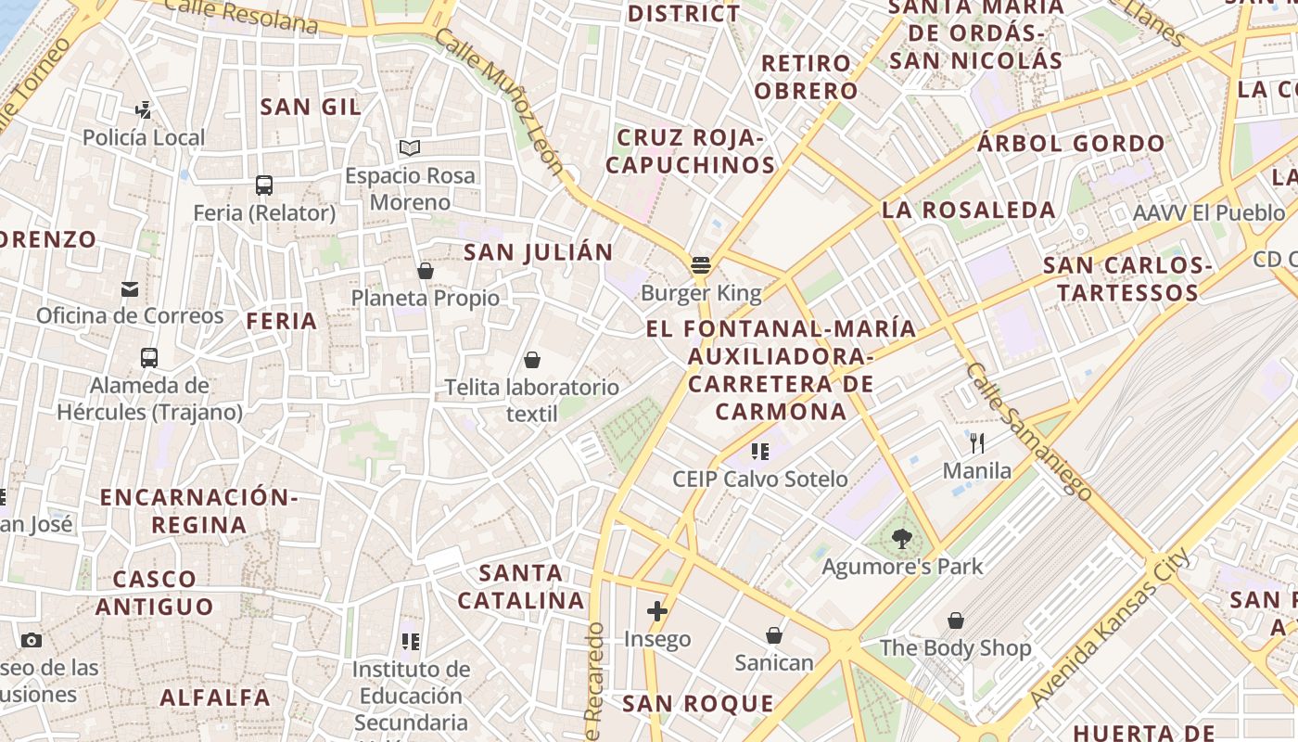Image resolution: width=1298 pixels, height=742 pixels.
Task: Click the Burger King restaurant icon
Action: (x=701, y=266)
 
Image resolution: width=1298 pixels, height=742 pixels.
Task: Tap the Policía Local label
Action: (x=144, y=138)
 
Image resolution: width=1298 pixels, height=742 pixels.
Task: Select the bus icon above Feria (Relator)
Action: (x=264, y=185)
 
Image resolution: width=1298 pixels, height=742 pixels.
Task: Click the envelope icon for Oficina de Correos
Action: (x=130, y=289)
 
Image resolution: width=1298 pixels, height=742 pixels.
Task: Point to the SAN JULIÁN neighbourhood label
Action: (x=538, y=252)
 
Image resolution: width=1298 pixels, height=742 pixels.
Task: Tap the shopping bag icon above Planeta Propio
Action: (x=426, y=271)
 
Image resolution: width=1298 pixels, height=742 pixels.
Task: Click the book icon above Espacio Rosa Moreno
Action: (x=410, y=148)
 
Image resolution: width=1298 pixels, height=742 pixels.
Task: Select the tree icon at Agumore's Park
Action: (x=901, y=538)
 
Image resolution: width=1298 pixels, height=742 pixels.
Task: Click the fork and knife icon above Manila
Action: (x=976, y=443)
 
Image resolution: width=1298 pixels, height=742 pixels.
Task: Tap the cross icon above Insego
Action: (x=657, y=611)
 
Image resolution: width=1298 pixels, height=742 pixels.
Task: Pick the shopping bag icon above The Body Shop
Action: (x=956, y=620)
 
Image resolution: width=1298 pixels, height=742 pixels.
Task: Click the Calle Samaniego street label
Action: (x=1028, y=431)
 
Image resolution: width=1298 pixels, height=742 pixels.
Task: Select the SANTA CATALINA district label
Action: (x=521, y=586)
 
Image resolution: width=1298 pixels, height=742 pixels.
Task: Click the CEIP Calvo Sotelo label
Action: (x=759, y=480)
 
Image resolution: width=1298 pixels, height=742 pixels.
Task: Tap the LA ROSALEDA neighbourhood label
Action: (x=968, y=211)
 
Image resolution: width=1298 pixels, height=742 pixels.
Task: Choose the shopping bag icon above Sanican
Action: (x=774, y=635)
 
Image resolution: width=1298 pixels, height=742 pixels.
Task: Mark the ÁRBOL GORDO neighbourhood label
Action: (x=1071, y=144)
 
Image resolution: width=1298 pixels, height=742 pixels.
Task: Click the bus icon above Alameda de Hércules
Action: (x=149, y=357)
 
